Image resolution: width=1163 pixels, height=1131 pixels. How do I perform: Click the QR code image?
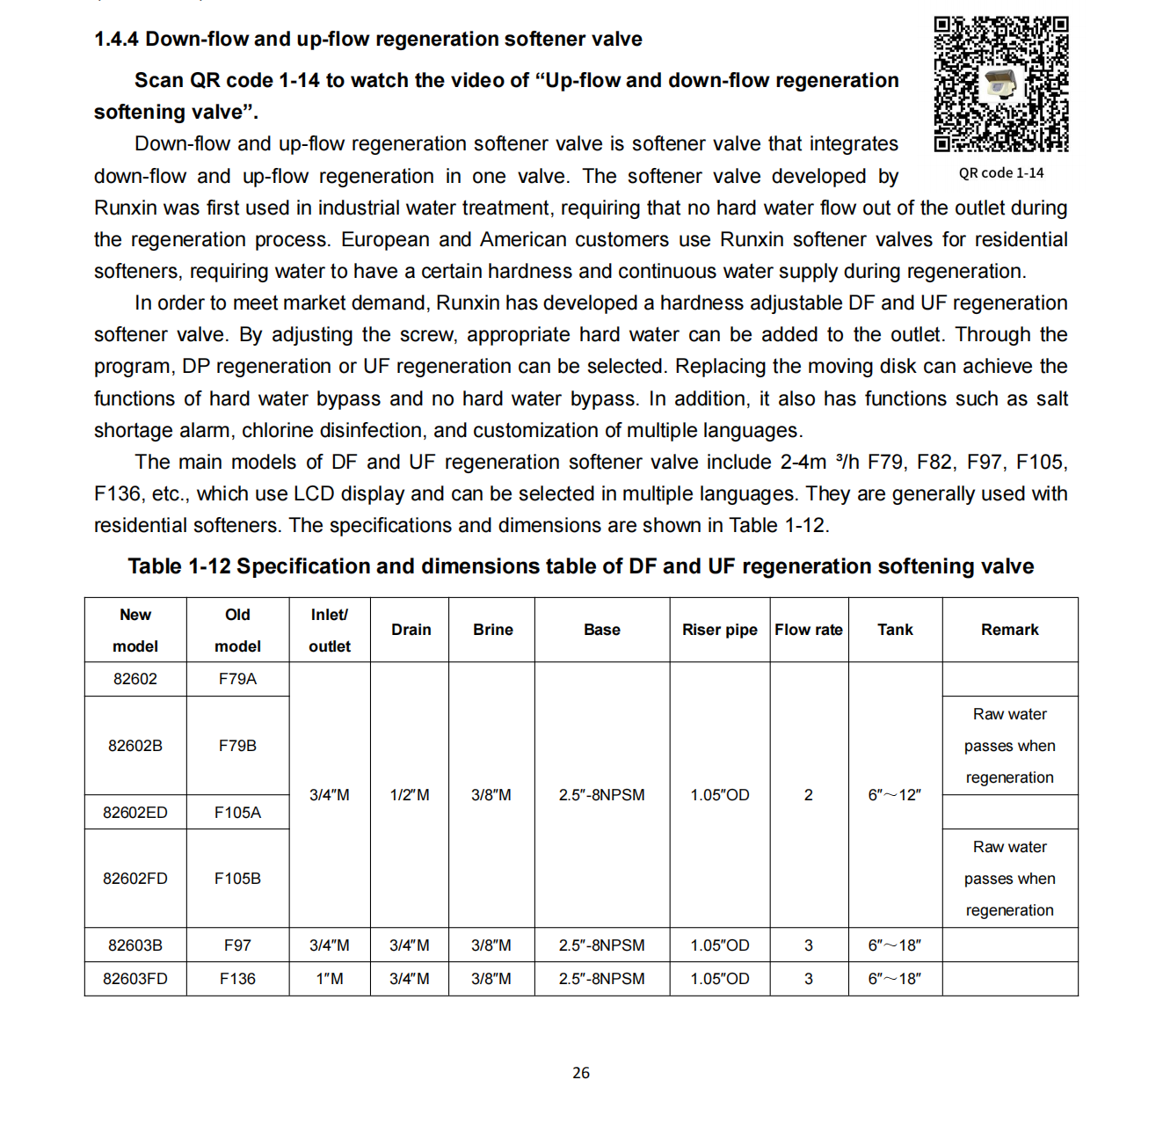point(1000,84)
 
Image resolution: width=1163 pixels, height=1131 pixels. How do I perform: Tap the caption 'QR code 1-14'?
point(1001,173)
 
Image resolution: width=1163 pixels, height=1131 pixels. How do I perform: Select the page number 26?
point(581,1073)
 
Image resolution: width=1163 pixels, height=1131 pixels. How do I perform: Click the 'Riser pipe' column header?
point(719,630)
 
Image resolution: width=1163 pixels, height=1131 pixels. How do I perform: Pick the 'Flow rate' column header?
point(809,630)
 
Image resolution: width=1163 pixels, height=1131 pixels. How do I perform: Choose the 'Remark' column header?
point(1009,630)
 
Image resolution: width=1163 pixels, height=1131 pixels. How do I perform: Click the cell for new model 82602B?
point(135,746)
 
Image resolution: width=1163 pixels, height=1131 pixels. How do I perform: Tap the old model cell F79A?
point(237,679)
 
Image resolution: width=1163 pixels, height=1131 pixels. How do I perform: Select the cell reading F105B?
point(237,879)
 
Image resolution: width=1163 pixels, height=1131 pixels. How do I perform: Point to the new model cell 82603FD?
point(135,979)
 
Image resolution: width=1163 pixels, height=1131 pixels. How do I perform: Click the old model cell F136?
point(237,979)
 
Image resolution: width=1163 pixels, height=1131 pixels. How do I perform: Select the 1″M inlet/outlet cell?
point(330,979)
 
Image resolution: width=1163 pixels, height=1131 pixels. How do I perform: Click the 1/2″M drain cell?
point(410,795)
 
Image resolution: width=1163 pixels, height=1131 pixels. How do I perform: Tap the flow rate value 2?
point(809,795)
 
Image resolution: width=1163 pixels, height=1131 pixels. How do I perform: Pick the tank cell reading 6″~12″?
point(895,795)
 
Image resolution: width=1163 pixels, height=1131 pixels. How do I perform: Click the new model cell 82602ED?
point(135,813)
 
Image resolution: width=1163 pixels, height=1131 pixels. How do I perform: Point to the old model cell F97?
point(237,945)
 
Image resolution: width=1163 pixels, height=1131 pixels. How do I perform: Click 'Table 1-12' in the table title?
point(178,566)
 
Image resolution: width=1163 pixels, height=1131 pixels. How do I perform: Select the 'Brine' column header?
point(492,630)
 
